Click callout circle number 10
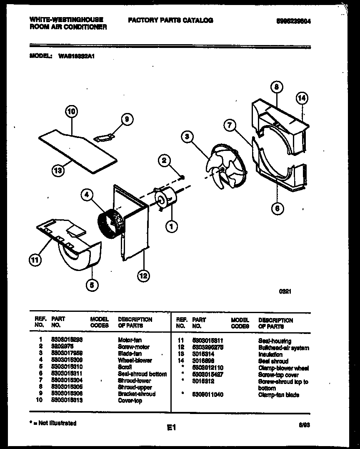pyautogui.click(x=72, y=111)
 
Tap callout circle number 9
pyautogui.click(x=127, y=119)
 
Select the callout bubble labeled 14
pyautogui.click(x=302, y=98)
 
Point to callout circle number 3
pyautogui.click(x=187, y=136)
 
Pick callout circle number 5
pyautogui.click(x=92, y=285)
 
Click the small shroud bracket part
pyautogui.click(x=104, y=136)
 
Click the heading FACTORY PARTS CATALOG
pyautogui.click(x=170, y=20)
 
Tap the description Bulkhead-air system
pyautogui.click(x=283, y=348)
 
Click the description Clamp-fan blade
pyautogui.click(x=278, y=395)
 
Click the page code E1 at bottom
pyautogui.click(x=172, y=427)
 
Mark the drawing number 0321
pyautogui.click(x=285, y=292)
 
